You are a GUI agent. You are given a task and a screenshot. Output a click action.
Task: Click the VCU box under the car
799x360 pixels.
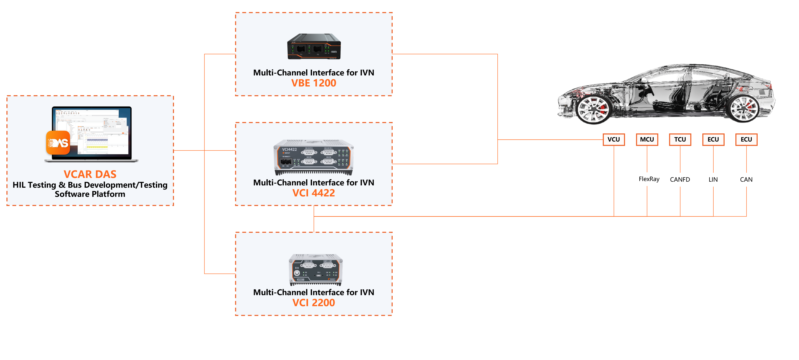(614, 139)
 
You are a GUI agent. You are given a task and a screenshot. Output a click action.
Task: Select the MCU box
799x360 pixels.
(647, 139)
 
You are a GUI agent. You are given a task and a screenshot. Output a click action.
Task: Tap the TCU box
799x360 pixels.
(680, 139)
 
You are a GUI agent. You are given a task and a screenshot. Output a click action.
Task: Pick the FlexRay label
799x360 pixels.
(649, 179)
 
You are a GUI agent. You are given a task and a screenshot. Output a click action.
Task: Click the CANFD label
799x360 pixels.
(680, 180)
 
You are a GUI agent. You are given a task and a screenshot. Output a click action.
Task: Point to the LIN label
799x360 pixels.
(713, 180)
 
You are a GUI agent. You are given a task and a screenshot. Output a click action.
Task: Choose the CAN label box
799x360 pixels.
(746, 180)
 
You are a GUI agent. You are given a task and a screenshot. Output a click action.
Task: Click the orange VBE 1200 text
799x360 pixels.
(314, 83)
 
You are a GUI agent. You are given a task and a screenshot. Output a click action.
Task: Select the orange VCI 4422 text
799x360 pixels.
(314, 193)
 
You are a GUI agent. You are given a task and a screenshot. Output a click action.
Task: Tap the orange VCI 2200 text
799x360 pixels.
(314, 303)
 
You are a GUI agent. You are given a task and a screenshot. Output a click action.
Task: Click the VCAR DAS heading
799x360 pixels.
(90, 174)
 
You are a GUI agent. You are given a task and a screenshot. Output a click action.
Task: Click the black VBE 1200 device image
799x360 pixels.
(314, 47)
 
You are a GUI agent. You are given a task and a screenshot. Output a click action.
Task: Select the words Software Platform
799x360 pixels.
(90, 194)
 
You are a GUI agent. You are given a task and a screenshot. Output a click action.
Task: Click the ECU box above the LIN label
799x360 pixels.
(713, 139)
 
